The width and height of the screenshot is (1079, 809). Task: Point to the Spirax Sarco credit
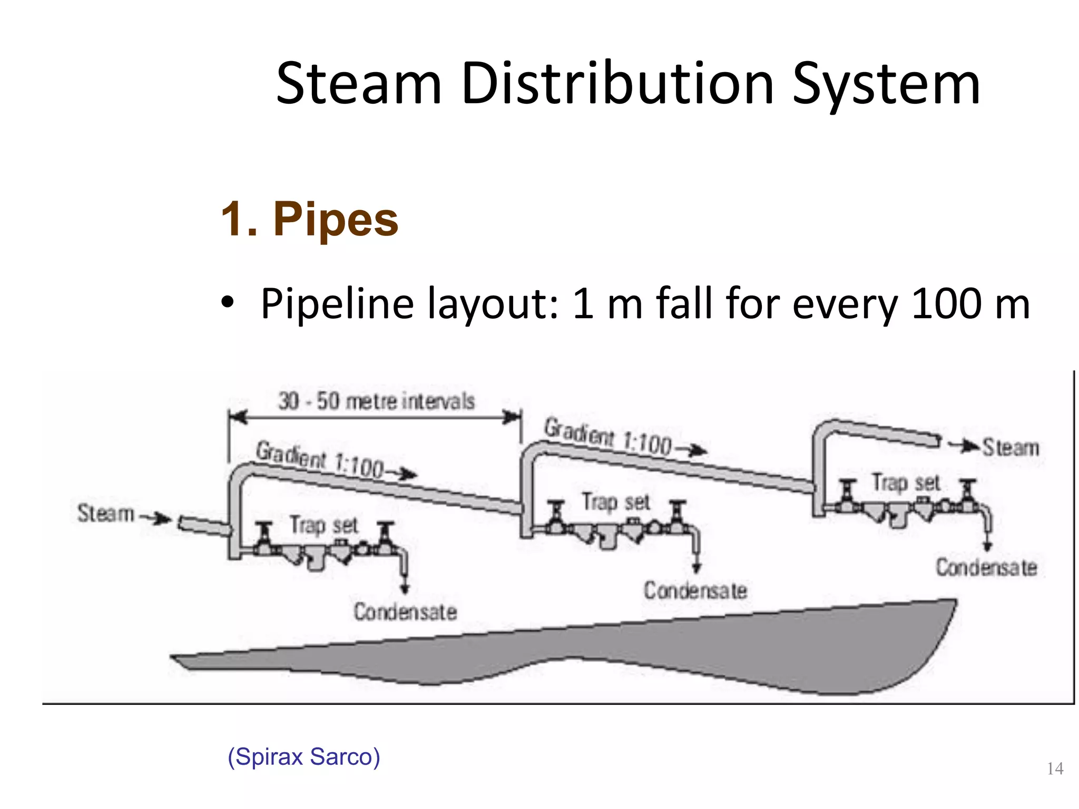pyautogui.click(x=303, y=757)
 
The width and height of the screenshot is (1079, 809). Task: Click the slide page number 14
pyautogui.click(x=1055, y=768)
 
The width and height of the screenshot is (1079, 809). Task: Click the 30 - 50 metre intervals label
pyautogui.click(x=376, y=401)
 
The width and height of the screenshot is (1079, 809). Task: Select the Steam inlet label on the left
pyautogui.click(x=106, y=513)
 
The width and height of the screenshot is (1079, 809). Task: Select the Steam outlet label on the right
pyautogui.click(x=1011, y=448)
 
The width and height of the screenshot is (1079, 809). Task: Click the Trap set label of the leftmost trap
pyautogui.click(x=323, y=525)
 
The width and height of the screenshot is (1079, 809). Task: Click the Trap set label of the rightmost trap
pyautogui.click(x=906, y=482)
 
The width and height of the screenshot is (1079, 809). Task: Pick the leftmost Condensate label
pyautogui.click(x=405, y=612)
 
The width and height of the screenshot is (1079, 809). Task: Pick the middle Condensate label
pyautogui.click(x=695, y=590)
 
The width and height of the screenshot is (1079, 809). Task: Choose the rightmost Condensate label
pyautogui.click(x=986, y=567)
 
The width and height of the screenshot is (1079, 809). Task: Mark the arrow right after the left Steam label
pyautogui.click(x=156, y=518)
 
